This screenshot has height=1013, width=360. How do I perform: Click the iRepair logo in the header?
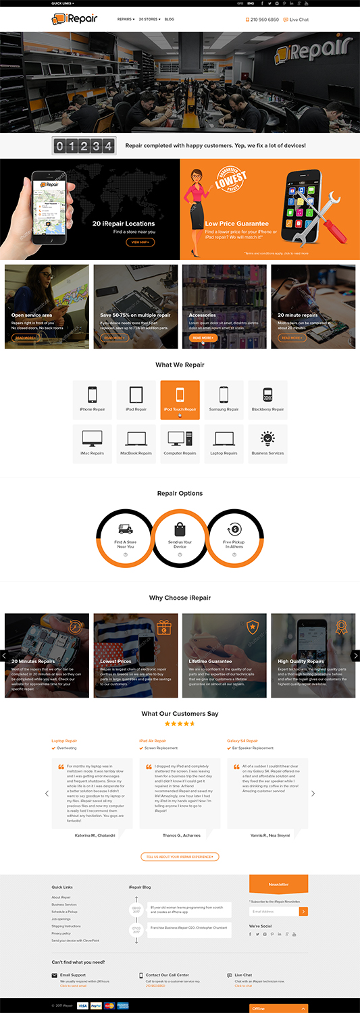(x=74, y=20)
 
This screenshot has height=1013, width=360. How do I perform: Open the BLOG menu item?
(x=170, y=20)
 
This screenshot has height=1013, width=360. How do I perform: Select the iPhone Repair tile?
(x=93, y=400)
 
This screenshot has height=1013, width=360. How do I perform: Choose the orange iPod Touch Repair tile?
(x=180, y=400)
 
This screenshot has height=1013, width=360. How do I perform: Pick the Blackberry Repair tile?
(x=267, y=400)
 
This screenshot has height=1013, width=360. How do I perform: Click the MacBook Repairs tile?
(x=136, y=444)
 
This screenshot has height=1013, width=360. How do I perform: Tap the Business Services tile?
(x=267, y=444)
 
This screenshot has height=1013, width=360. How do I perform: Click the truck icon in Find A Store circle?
(x=125, y=529)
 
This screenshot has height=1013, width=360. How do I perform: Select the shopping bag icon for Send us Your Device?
(x=180, y=529)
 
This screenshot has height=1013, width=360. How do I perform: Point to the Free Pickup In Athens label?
(x=234, y=544)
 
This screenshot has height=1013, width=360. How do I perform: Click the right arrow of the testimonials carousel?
(x=313, y=794)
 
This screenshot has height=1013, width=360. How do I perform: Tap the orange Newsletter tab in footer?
(x=278, y=884)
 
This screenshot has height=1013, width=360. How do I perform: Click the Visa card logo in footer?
(x=82, y=1006)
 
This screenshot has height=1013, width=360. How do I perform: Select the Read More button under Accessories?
(x=203, y=338)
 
